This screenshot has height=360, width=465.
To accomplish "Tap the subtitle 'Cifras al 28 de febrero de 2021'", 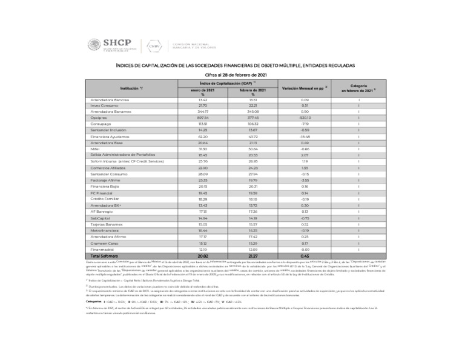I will pyautogui.click(x=232, y=74).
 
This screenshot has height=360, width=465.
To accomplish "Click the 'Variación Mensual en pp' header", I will pyautogui.click(x=305, y=88).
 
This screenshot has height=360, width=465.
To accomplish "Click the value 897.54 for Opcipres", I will pyautogui.click(x=202, y=118).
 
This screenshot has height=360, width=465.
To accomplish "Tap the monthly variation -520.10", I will pyautogui.click(x=305, y=118).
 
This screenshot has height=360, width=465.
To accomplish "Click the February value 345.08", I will pyautogui.click(x=252, y=112).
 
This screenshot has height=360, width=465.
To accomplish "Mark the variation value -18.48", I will pyautogui.click(x=305, y=136).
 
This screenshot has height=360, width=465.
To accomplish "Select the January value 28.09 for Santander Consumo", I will pyautogui.click(x=202, y=174).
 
